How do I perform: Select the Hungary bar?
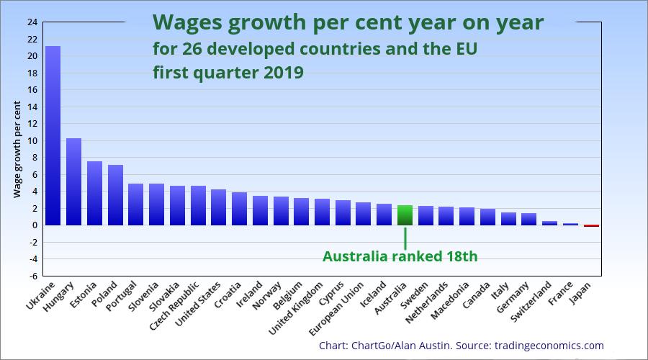coord(73,181)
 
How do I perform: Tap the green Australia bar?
coord(405,215)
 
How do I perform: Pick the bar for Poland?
coord(115,195)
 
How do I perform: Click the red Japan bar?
coord(591,225)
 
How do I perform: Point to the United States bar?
coord(219,207)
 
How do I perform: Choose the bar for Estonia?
coord(94,193)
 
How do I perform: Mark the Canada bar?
coord(487,217)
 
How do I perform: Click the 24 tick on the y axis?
coord(32,22)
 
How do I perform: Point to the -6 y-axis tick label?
coord(32,276)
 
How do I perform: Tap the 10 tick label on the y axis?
coord(32,140)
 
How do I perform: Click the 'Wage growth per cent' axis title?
coord(17,150)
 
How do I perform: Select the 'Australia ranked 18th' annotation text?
coord(400,256)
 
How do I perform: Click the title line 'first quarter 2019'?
coord(228,73)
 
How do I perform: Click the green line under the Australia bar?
coord(405,238)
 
